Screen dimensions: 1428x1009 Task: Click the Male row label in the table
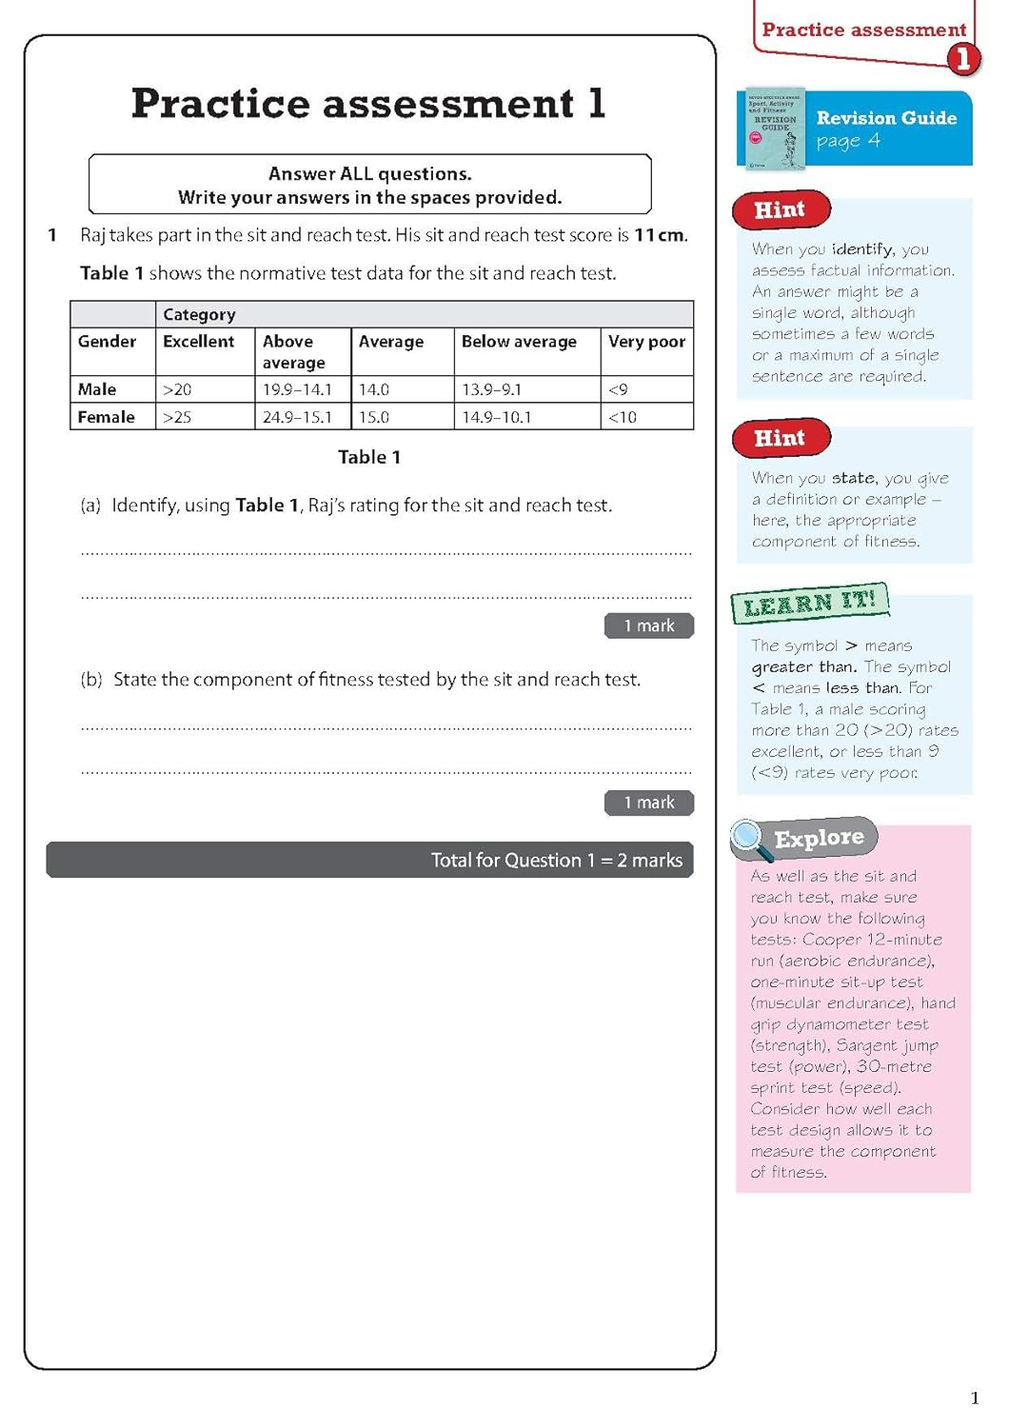pyautogui.click(x=97, y=389)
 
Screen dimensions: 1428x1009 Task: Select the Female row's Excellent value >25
pyautogui.click(x=177, y=417)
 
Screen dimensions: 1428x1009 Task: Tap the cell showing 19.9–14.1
pyautogui.click(x=297, y=389)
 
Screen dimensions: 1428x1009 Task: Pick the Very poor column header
pyautogui.click(x=646, y=342)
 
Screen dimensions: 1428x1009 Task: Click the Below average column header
pyautogui.click(x=519, y=342)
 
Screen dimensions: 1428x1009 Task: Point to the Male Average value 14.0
pyautogui.click(x=373, y=389)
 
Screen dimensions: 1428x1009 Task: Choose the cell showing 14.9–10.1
pyautogui.click(x=496, y=417)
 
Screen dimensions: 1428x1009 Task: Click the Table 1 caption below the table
pyautogui.click(x=369, y=457)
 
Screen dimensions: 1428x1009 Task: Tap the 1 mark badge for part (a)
pyautogui.click(x=648, y=625)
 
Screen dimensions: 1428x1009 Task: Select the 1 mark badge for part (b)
pyautogui.click(x=648, y=803)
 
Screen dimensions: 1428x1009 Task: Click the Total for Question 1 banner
pyautogui.click(x=369, y=860)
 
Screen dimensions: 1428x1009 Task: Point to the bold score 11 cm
pyautogui.click(x=660, y=235)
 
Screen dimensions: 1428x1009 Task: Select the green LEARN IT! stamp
pyautogui.click(x=809, y=603)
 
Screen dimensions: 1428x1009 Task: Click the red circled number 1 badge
pyautogui.click(x=962, y=59)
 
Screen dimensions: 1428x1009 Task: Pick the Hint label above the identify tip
pyautogui.click(x=780, y=210)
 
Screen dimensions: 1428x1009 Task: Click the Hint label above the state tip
pyautogui.click(x=780, y=438)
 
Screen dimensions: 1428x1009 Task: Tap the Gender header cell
pyautogui.click(x=107, y=342)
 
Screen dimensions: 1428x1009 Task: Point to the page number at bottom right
pyautogui.click(x=974, y=1398)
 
